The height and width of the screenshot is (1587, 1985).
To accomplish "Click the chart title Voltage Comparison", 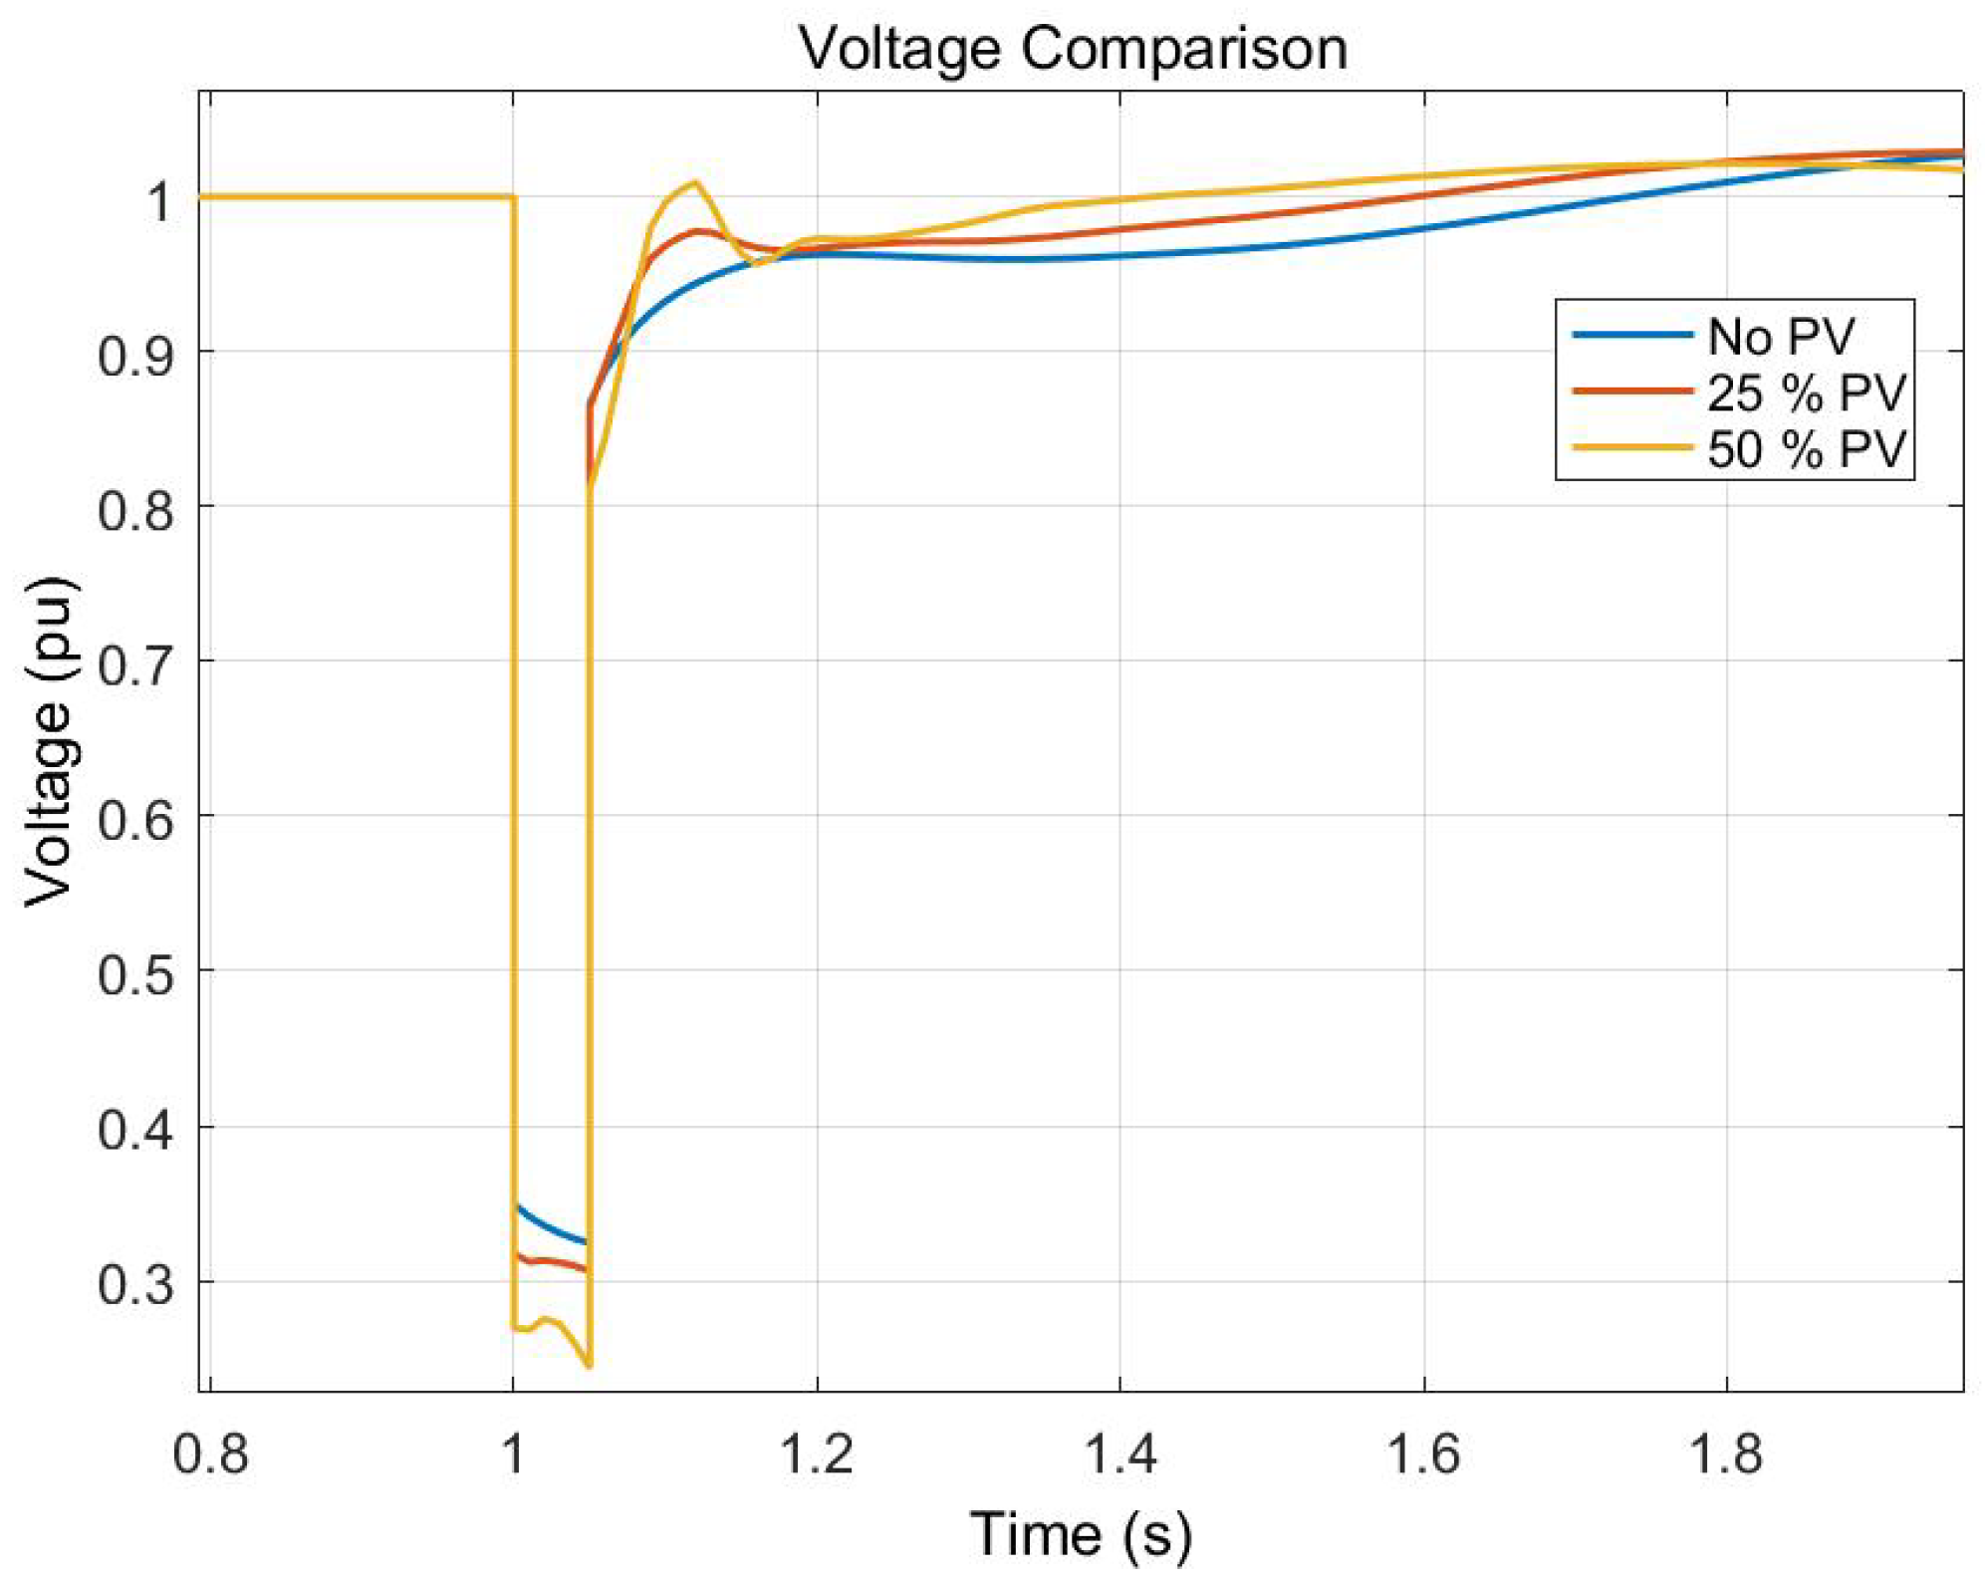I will click(1073, 48).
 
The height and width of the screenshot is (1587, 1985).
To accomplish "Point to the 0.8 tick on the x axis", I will click(210, 1454).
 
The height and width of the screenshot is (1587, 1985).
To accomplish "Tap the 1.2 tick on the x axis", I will click(817, 1454).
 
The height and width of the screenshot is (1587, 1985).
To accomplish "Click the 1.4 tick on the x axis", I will click(1119, 1454).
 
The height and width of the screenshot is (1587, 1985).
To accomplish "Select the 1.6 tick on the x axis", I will click(1423, 1454).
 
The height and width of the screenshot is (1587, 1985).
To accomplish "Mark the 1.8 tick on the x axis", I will click(1726, 1454).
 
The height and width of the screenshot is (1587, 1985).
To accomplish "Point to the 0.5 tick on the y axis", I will click(136, 973).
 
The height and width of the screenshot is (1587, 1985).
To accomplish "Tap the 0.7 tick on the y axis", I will click(136, 663).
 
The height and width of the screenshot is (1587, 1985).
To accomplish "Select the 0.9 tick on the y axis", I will click(136, 355).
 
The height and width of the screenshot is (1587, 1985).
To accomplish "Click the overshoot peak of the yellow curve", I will click(695, 182).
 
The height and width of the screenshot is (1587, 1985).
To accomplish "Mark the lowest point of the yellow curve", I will click(589, 1366).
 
